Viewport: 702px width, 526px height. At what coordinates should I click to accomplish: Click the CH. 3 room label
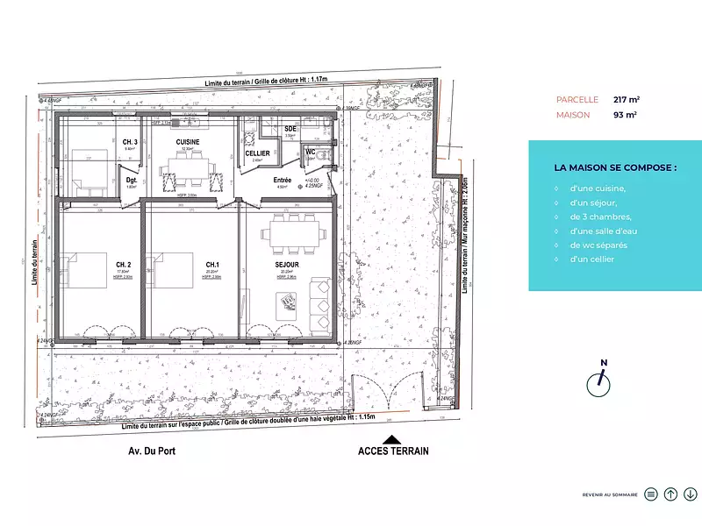click(x=129, y=142)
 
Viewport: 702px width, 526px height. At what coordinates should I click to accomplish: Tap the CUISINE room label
click(x=188, y=142)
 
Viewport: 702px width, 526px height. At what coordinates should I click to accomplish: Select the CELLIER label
click(x=257, y=153)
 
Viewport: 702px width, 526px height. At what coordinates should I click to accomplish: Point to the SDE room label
click(x=290, y=129)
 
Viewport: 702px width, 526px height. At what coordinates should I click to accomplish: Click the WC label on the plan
click(x=311, y=153)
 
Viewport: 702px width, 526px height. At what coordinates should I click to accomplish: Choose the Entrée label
click(x=283, y=180)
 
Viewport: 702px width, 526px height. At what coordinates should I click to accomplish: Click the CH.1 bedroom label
click(x=212, y=264)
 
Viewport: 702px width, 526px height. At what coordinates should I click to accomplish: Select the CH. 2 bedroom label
click(x=124, y=264)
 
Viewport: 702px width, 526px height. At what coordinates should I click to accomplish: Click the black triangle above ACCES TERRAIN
click(x=393, y=439)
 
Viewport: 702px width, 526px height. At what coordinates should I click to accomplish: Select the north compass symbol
click(x=602, y=378)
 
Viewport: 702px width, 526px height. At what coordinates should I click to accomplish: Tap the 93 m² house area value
click(x=625, y=114)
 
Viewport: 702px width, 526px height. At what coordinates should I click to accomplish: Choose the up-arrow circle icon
click(x=670, y=494)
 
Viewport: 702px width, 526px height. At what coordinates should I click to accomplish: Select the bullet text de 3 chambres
click(x=600, y=217)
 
